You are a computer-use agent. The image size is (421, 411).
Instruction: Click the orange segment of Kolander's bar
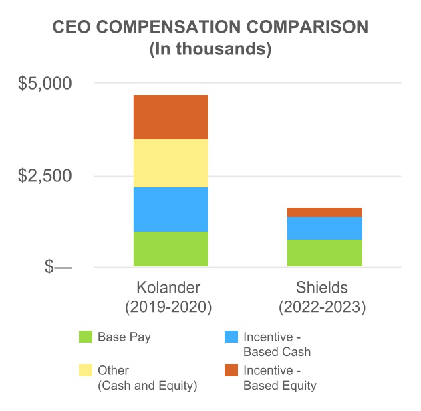point(170,117)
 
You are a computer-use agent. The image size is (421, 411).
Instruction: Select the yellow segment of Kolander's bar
point(170,163)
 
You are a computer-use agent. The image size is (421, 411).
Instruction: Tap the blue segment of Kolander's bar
point(170,209)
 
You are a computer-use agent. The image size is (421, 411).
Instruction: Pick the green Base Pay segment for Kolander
point(170,249)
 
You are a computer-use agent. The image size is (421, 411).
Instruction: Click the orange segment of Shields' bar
point(324,212)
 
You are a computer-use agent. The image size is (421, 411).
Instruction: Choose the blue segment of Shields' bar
point(324,228)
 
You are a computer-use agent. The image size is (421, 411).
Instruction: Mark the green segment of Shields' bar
point(324,253)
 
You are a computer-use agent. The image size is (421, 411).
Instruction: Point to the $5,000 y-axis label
point(45,84)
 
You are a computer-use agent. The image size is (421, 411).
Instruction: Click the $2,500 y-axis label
point(45,176)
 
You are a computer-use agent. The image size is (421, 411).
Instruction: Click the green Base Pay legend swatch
point(86,337)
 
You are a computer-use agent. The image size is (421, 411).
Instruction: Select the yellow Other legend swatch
point(86,371)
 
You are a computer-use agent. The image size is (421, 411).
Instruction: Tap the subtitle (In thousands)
point(210,49)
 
